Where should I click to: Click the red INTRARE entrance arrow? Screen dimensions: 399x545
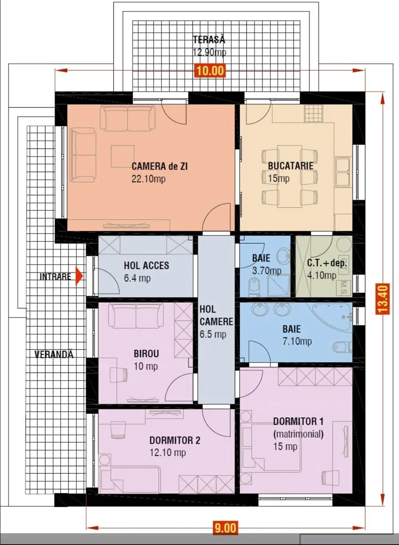(79, 277)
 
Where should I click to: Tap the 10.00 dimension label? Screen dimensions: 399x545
(210, 71)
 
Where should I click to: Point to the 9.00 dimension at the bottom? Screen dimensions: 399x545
(225, 528)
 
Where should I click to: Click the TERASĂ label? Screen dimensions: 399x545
(209, 40)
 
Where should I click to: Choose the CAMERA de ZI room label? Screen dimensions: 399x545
(159, 166)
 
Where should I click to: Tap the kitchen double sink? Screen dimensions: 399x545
(342, 172)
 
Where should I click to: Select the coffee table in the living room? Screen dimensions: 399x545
(122, 156)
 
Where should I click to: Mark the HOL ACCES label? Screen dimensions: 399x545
(146, 265)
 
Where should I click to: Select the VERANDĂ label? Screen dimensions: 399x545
(54, 354)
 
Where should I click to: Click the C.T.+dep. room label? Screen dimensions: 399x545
(327, 263)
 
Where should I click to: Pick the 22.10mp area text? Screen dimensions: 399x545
(148, 179)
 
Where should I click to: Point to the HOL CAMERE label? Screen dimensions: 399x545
(216, 315)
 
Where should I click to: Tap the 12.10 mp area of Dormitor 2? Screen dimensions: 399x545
(167, 453)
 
